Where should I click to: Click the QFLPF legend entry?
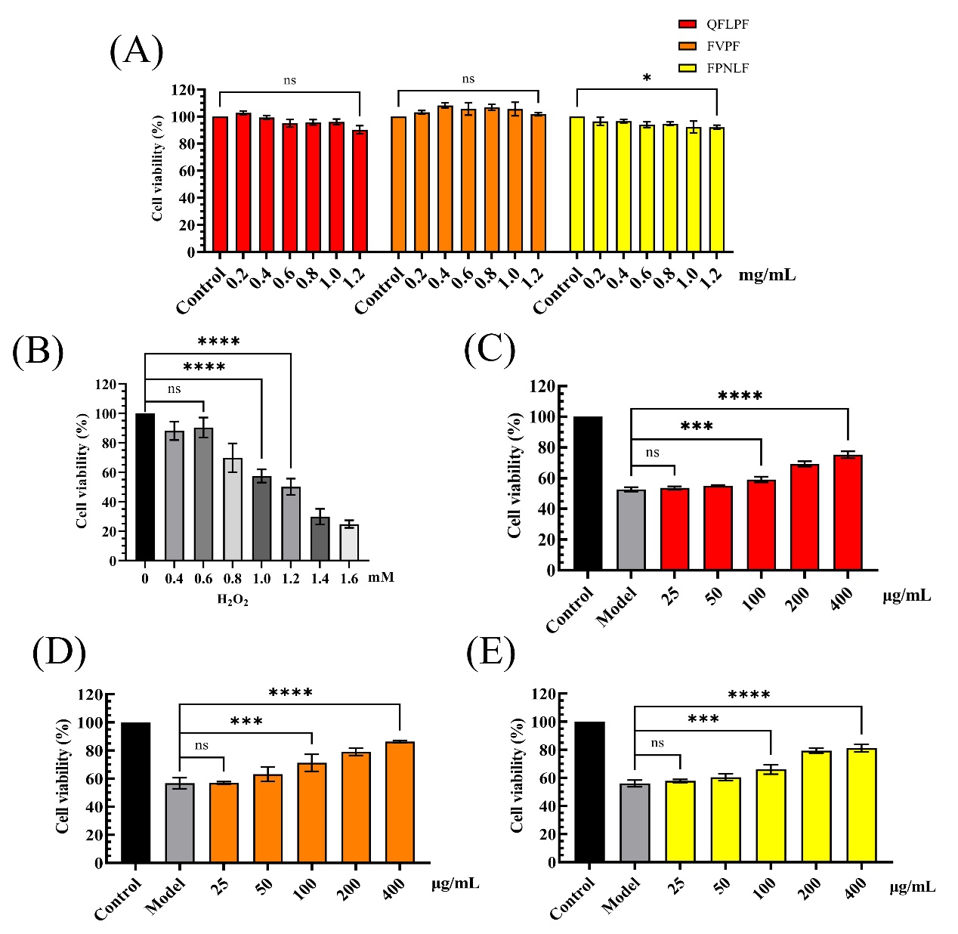tap(714, 24)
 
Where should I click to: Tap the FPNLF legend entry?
tap(714, 68)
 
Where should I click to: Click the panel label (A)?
tap(136, 51)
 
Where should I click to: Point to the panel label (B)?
tap(38, 351)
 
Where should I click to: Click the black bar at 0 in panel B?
tap(145, 487)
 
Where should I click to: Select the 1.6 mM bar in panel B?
tap(349, 543)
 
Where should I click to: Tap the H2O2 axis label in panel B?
tap(233, 601)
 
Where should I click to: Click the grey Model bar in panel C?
tap(631, 530)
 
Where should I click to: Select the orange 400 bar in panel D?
tap(400, 803)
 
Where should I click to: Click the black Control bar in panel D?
tap(136, 793)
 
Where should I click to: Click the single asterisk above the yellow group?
tap(647, 79)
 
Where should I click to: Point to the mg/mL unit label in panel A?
tap(767, 275)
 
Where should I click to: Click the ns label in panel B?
tap(175, 389)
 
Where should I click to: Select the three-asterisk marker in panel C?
tap(697, 427)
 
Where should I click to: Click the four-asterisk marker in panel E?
tap(749, 695)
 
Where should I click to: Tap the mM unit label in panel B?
tap(382, 577)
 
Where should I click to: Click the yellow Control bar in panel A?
tap(576, 184)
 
